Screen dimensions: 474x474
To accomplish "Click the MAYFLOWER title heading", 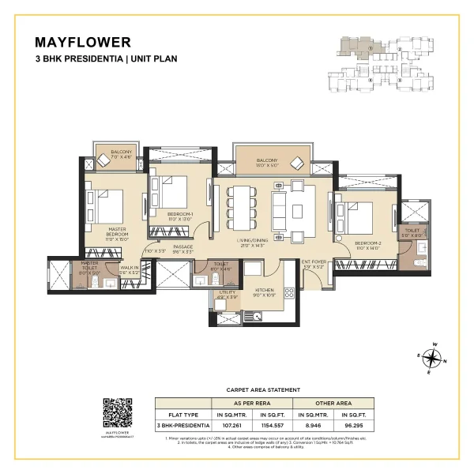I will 82,42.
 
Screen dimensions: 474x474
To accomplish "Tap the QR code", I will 116,412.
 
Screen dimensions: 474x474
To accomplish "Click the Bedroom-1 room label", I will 181,216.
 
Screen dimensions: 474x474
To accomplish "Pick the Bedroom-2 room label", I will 369,245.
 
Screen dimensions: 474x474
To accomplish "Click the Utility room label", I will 223,295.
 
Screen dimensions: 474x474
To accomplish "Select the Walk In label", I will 129,269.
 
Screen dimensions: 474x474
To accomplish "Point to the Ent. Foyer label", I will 314,264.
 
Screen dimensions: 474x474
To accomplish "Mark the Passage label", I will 183,248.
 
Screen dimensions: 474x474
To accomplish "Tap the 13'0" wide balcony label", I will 268,163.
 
